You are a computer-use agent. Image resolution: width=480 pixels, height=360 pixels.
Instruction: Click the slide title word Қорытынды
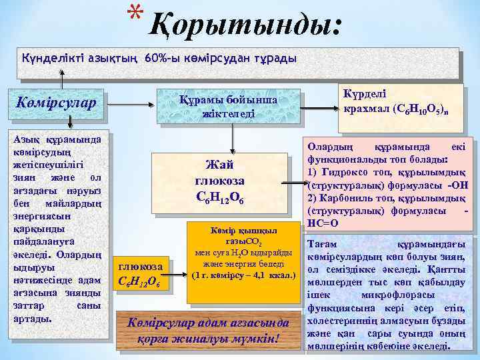point(246,25)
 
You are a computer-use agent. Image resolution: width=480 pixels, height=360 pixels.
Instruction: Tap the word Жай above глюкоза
point(219,165)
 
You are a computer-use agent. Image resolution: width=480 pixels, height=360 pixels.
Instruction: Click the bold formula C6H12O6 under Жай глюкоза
point(219,197)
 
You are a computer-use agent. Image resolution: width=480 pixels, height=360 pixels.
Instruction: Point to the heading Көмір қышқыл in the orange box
point(237,231)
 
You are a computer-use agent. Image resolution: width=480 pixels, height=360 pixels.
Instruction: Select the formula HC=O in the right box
point(323,223)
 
